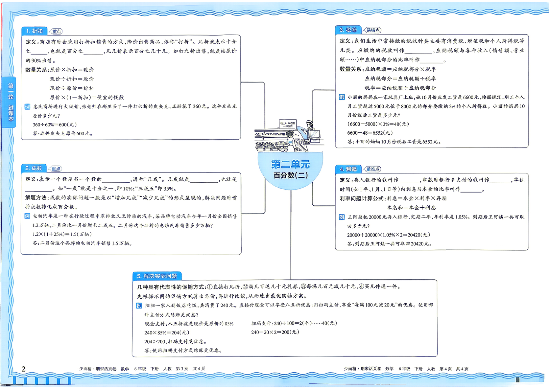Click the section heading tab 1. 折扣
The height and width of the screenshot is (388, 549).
[x=34, y=31]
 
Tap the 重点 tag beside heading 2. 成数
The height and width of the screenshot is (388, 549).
[x=55, y=169]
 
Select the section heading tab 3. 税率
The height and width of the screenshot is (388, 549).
[x=348, y=30]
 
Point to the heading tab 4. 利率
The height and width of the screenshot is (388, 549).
[x=348, y=169]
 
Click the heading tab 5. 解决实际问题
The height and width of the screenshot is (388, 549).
[x=157, y=276]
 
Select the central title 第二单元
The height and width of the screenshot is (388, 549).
[x=290, y=164]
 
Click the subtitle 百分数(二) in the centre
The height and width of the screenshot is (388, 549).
[x=291, y=175]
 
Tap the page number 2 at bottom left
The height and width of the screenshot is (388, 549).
[x=24, y=369]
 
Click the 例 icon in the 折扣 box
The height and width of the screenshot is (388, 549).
[x=27, y=107]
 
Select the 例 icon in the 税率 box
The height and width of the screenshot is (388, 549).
[x=342, y=97]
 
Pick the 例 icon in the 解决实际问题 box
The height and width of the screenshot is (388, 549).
[x=139, y=306]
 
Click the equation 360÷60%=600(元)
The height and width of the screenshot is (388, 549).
[x=55, y=125]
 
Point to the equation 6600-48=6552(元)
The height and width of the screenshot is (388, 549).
[x=370, y=133]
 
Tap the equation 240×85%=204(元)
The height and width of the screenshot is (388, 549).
[x=167, y=333]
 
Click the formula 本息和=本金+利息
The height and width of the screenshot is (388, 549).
[x=411, y=208]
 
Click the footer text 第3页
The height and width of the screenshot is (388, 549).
[x=182, y=369]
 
